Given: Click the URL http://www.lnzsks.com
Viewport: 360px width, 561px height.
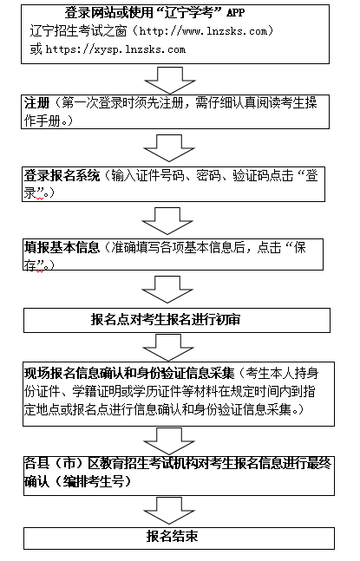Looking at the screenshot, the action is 203,31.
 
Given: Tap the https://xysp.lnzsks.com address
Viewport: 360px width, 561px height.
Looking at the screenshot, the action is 115,49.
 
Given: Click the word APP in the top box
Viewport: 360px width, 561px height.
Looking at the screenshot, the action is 236,13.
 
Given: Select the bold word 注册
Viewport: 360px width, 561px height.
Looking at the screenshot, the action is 36,103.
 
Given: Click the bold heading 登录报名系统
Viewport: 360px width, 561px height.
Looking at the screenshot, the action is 62,176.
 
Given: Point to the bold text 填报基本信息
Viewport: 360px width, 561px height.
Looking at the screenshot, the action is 62,248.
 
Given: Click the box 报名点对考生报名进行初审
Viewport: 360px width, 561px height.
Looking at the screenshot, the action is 177,320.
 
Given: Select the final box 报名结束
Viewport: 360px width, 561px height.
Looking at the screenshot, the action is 179,538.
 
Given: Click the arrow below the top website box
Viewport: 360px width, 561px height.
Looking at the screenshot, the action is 170,81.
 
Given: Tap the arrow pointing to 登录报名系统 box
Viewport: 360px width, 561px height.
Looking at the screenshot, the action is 169,148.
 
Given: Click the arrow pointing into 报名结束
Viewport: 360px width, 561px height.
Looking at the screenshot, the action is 169,511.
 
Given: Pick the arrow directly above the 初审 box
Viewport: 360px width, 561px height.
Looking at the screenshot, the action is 167,290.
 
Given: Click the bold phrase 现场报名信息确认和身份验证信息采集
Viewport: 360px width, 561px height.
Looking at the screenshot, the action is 129,373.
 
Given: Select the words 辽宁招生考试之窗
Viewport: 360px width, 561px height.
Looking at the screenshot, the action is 78,31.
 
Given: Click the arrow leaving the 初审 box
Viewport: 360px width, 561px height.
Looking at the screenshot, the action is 168,348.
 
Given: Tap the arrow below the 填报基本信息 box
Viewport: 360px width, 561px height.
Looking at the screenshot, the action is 167,290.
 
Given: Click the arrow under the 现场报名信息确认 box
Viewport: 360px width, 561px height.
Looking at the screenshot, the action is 169,441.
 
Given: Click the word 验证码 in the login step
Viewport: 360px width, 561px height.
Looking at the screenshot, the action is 251,176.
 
